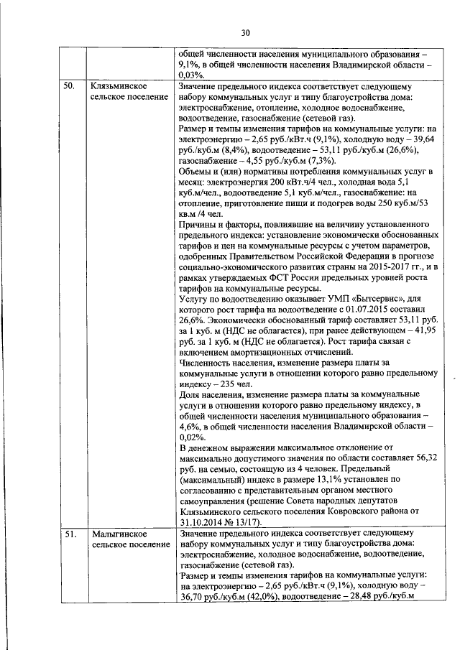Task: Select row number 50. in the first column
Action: tap(68, 86)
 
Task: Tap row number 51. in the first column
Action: tap(68, 534)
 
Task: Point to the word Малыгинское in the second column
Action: tap(119, 534)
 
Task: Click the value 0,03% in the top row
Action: tap(190, 74)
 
